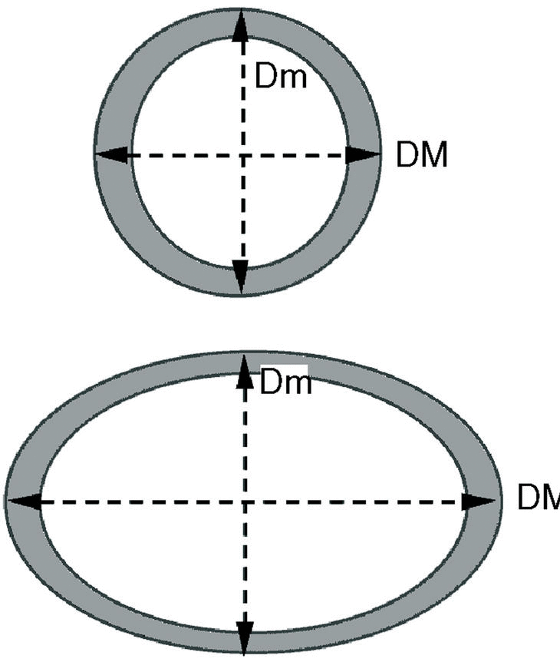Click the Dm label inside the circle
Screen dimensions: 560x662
[281, 77]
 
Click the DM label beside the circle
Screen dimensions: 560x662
[421, 155]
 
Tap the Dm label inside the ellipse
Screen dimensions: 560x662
[286, 382]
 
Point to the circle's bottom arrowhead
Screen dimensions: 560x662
[241, 276]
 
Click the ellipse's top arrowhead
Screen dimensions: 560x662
[245, 369]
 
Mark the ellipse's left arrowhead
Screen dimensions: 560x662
[23, 501]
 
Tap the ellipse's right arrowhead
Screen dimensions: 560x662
[479, 501]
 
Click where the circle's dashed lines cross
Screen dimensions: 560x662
[241, 155]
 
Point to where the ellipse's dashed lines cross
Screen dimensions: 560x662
[245, 501]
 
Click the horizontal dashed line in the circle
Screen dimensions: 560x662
[176, 155]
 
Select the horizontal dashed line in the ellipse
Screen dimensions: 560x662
[138, 501]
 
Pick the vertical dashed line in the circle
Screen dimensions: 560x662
[241, 215]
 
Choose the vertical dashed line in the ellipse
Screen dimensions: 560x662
[245, 568]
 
